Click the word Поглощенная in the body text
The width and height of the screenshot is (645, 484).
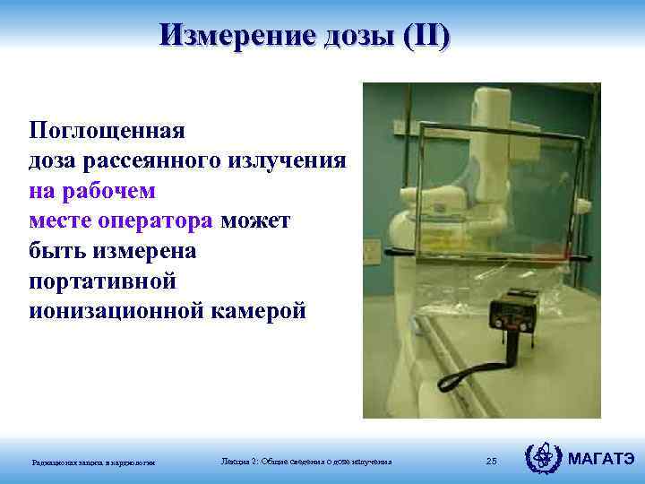click(106, 130)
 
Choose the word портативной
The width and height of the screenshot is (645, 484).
click(102, 281)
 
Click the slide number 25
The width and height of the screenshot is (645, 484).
click(491, 461)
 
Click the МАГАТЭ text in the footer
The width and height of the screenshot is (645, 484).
click(602, 460)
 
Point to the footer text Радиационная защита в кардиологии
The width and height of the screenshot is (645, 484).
click(94, 462)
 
